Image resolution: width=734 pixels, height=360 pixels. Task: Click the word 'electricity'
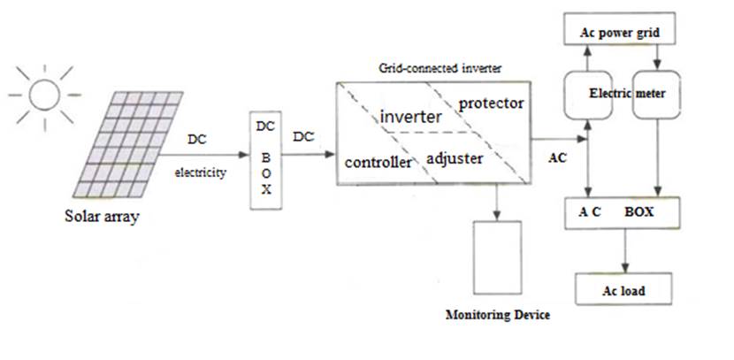(200, 173)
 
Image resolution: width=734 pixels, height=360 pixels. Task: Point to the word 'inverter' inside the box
(410, 117)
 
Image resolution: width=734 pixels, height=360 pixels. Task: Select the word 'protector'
(491, 103)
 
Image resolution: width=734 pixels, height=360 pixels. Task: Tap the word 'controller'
(378, 163)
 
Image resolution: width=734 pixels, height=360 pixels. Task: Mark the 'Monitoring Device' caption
(498, 315)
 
